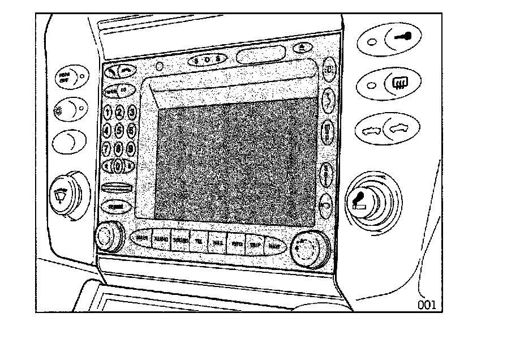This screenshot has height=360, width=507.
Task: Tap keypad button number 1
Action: point(108,112)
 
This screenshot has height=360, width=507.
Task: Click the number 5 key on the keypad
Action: point(119,130)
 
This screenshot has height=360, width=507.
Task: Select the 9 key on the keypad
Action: point(131,148)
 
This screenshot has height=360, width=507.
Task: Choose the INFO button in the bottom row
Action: point(237,243)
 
